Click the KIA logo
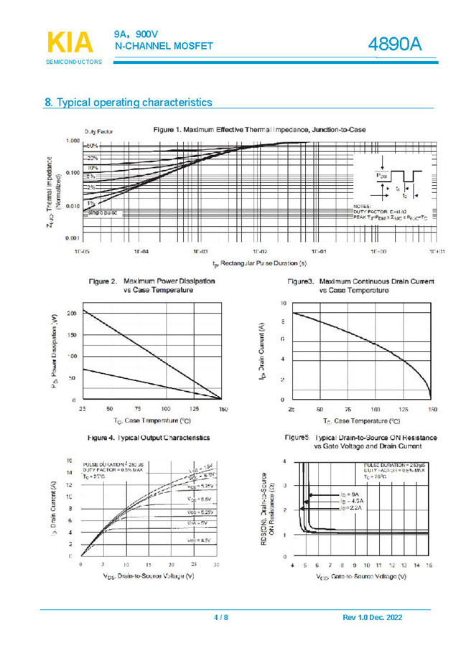pyautogui.click(x=70, y=42)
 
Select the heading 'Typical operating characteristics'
pyautogui.click(x=134, y=103)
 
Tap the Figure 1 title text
pyautogui.click(x=259, y=130)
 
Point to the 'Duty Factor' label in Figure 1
pyautogui.click(x=98, y=132)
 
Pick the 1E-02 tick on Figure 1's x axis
pyautogui.click(x=259, y=253)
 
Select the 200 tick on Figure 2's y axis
pyautogui.click(x=72, y=314)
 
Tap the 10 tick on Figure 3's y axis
pyautogui.click(x=283, y=304)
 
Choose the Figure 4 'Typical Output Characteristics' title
pyautogui.click(x=149, y=437)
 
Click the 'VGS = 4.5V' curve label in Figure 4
pyautogui.click(x=199, y=540)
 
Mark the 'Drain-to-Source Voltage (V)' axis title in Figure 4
pyautogui.click(x=150, y=576)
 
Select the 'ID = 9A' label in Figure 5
pyautogui.click(x=349, y=494)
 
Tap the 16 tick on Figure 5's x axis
pyautogui.click(x=429, y=566)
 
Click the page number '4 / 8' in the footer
pyautogui.click(x=221, y=618)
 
